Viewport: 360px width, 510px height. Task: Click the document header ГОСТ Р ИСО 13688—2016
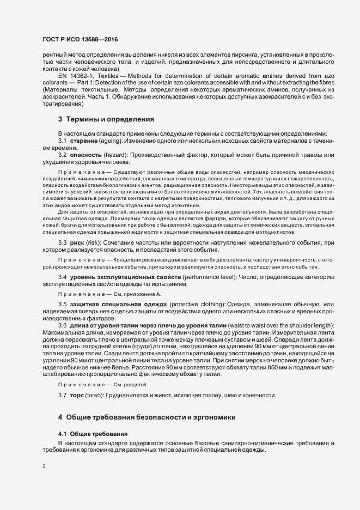click(80, 40)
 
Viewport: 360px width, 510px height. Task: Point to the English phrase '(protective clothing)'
click(199, 303)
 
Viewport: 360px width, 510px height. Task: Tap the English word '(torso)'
click(99, 380)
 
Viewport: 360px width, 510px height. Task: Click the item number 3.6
click(62, 325)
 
